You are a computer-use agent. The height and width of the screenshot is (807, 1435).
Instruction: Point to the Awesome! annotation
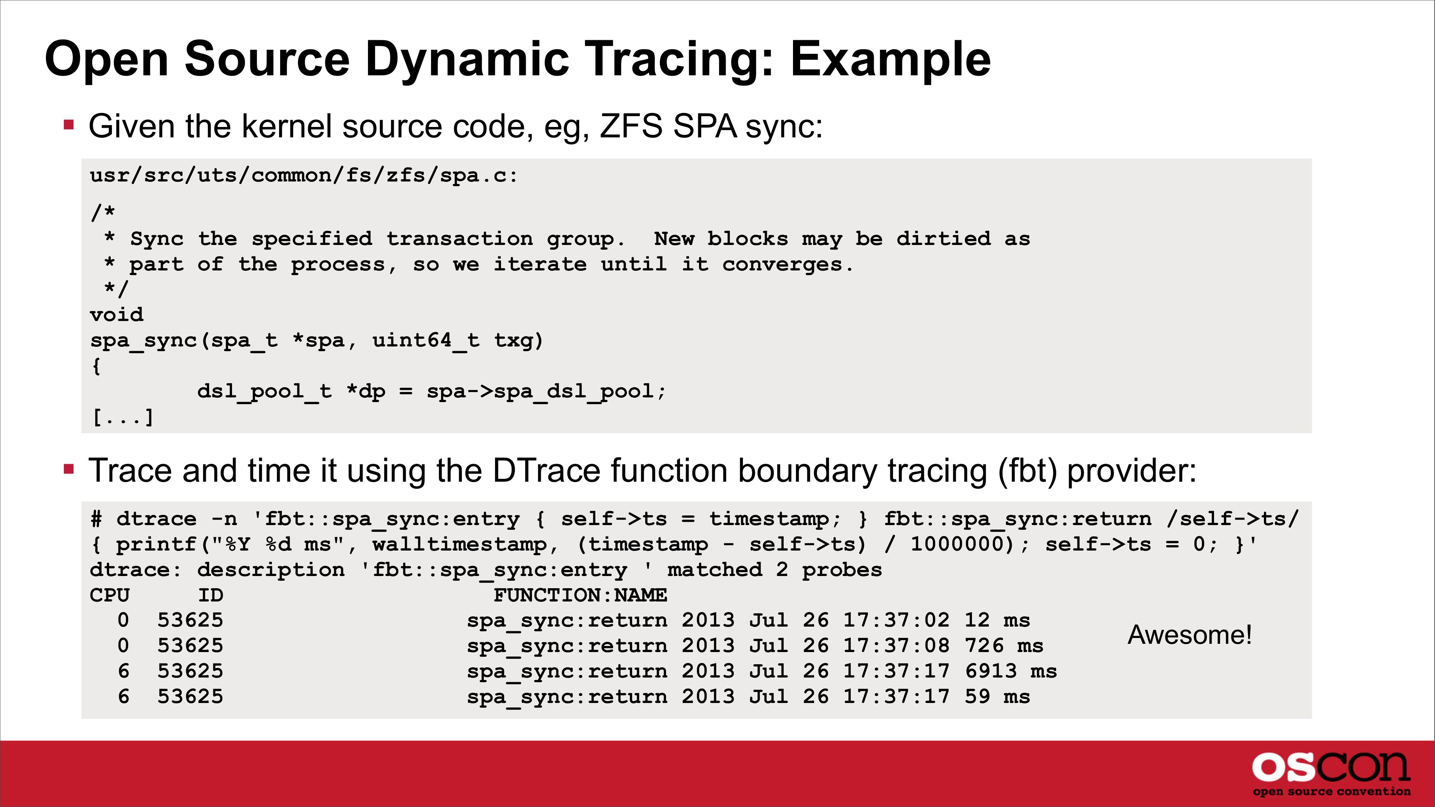1190,635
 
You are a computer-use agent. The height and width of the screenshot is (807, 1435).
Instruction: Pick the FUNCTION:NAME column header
580,595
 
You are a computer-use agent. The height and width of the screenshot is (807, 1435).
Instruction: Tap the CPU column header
110,595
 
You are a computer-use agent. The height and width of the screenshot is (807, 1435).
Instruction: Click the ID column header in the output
211,595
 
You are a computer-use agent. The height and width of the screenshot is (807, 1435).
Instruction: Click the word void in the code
117,315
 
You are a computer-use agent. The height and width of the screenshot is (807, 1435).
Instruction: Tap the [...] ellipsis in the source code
123,416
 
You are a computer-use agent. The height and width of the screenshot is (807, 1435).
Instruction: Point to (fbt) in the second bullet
1027,471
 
